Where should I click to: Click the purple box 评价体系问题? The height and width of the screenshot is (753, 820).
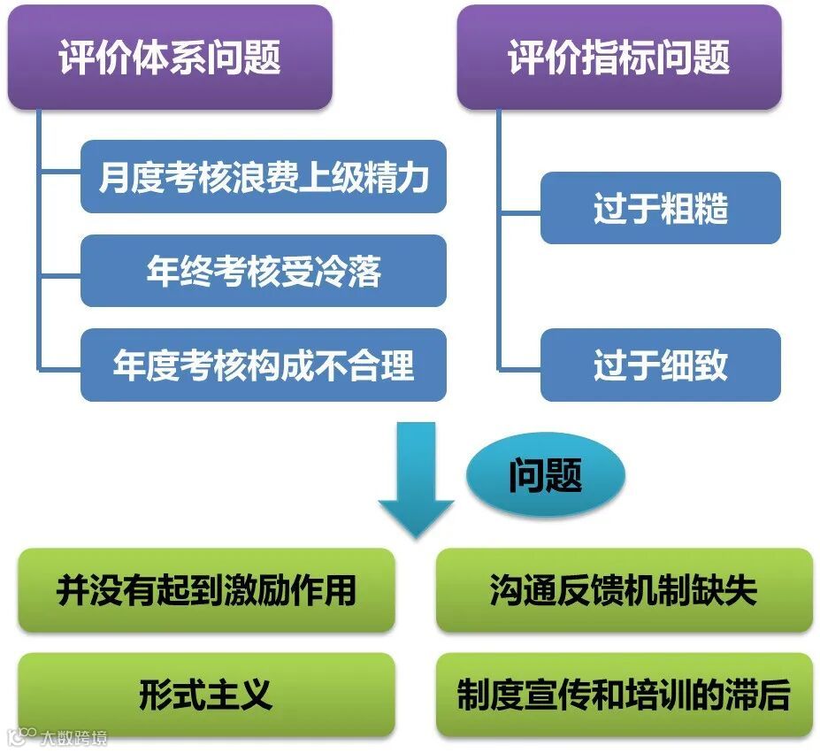tap(170, 58)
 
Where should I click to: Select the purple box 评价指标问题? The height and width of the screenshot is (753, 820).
tap(618, 58)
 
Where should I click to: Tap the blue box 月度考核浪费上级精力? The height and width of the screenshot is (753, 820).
tap(263, 177)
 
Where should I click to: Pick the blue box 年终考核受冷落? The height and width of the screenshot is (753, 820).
tap(263, 271)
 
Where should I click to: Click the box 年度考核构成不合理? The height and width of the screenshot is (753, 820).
tap(263, 365)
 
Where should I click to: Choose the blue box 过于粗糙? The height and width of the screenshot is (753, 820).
tap(660, 209)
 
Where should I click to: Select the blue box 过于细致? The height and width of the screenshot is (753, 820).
tap(660, 365)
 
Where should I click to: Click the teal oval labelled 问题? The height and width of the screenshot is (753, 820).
tap(545, 476)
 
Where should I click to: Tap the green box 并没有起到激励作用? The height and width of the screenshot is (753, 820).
tap(206, 590)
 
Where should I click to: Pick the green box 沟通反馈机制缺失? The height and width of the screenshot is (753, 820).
tap(624, 590)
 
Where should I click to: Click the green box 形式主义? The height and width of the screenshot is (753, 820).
tap(206, 695)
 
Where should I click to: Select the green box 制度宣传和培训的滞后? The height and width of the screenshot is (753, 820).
tap(624, 695)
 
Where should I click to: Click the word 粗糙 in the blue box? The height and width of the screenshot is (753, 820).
tap(694, 209)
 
